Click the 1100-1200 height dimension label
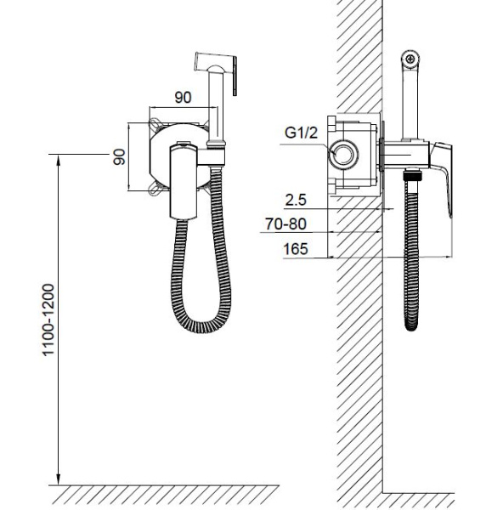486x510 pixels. pyautogui.click(x=48, y=320)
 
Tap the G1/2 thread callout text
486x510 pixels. pyautogui.click(x=301, y=133)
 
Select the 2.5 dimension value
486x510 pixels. pyautogui.click(x=296, y=200)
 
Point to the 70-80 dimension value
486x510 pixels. pyautogui.click(x=285, y=224)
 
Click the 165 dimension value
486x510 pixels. pyautogui.click(x=296, y=249)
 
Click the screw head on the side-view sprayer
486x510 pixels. pyautogui.click(x=410, y=59)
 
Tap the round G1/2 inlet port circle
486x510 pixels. pyautogui.click(x=343, y=155)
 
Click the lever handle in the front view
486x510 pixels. pyautogui.click(x=184, y=182)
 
